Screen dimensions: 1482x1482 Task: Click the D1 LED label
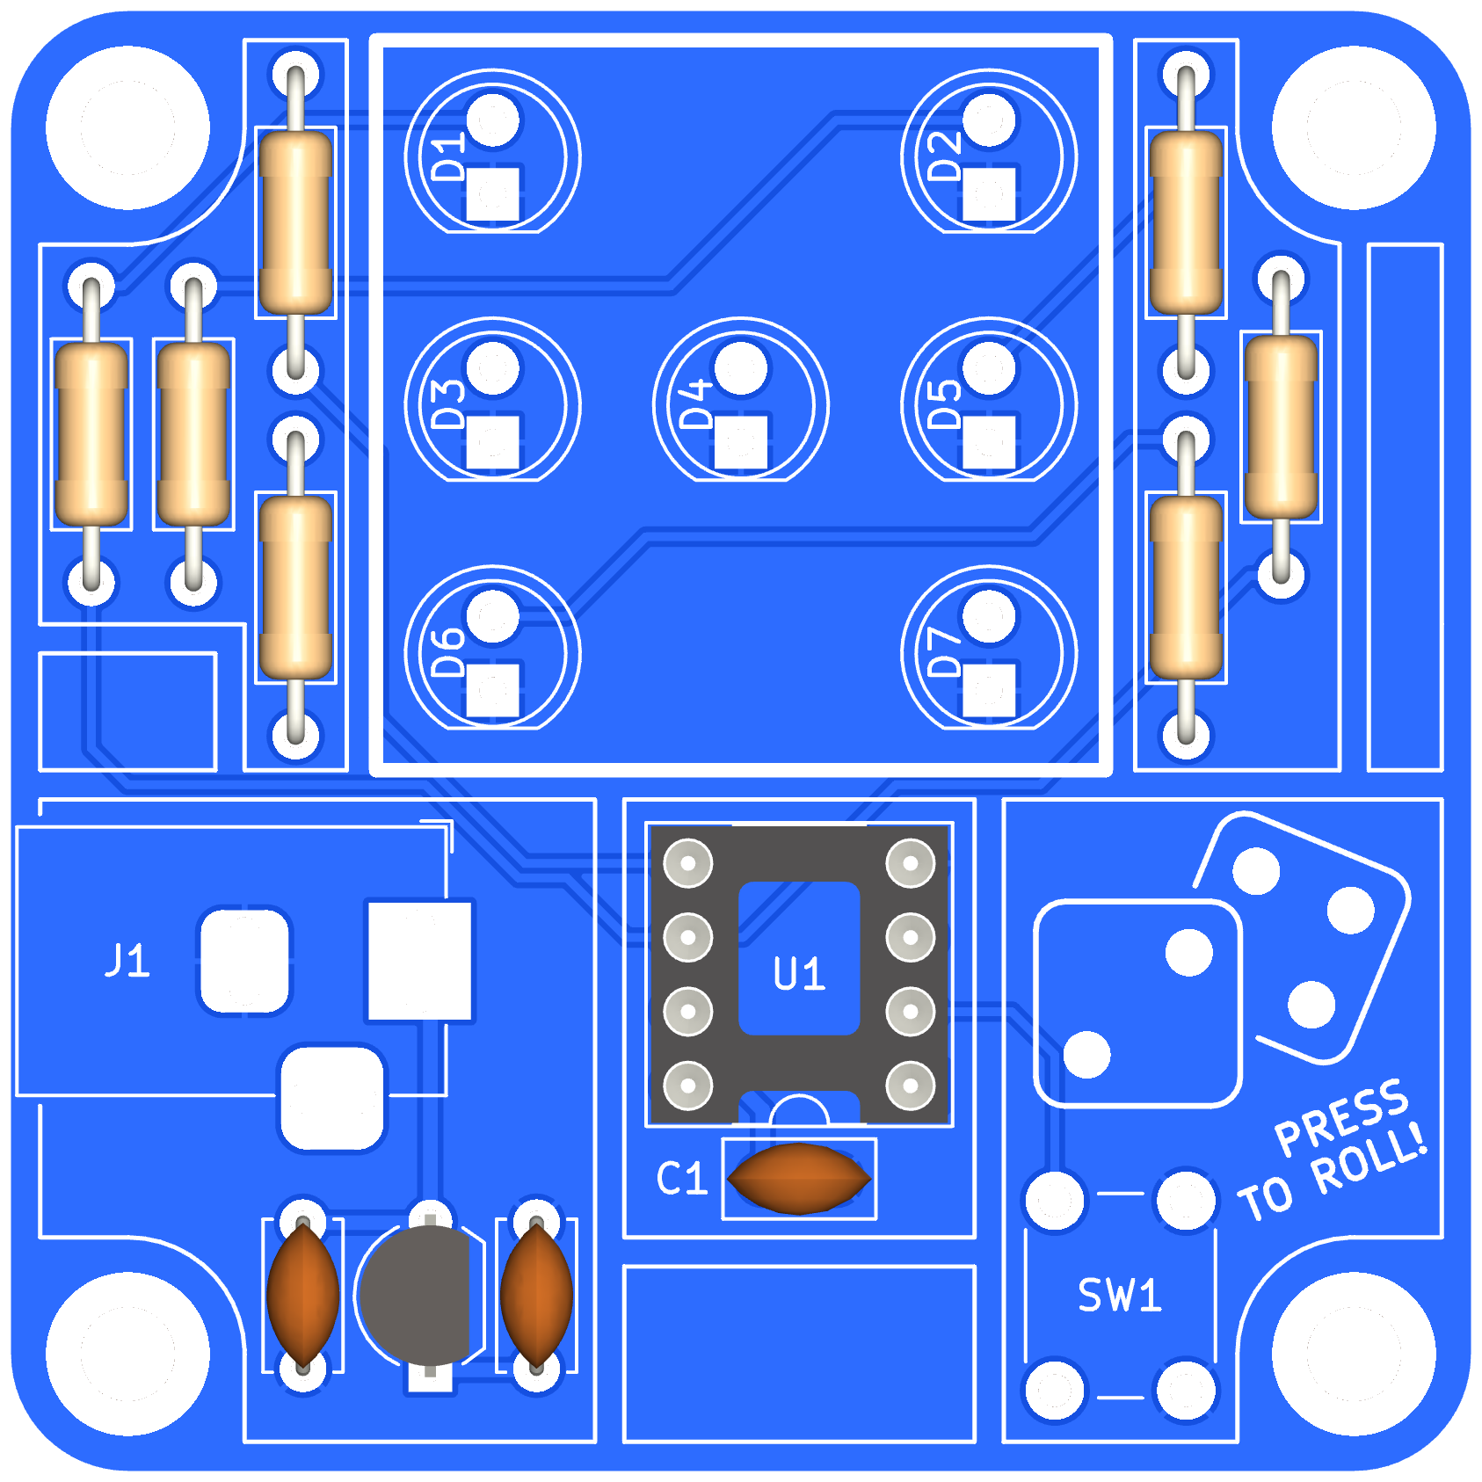pyautogui.click(x=450, y=157)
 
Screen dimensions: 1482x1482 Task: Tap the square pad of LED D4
pyautogui.click(x=741, y=442)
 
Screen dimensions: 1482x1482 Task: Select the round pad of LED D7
pyautogui.click(x=989, y=616)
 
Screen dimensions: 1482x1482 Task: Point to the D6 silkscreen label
pyautogui.click(x=450, y=653)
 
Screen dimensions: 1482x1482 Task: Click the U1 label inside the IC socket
pyautogui.click(x=799, y=974)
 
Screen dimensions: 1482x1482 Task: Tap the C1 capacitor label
pyautogui.click(x=682, y=1179)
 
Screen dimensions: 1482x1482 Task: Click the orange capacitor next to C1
pyautogui.click(x=799, y=1179)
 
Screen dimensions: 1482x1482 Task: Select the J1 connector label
pyautogui.click(x=128, y=960)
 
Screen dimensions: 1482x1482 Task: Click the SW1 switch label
pyautogui.click(x=1120, y=1296)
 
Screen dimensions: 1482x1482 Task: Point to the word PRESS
pyautogui.click(x=1341, y=1117)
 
